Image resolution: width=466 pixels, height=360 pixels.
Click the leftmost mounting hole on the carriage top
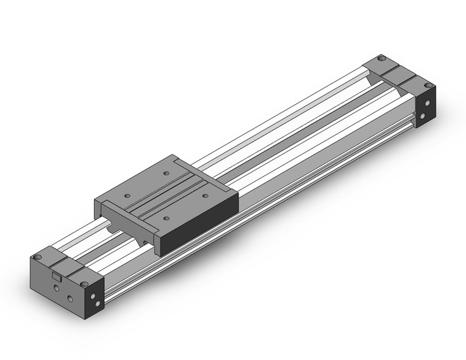[x=127, y=196]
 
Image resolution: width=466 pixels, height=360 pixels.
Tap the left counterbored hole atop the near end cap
[x=37, y=256]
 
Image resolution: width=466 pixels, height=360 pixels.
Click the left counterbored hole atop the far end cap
[x=381, y=58]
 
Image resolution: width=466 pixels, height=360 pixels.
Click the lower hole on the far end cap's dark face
[x=425, y=115]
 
